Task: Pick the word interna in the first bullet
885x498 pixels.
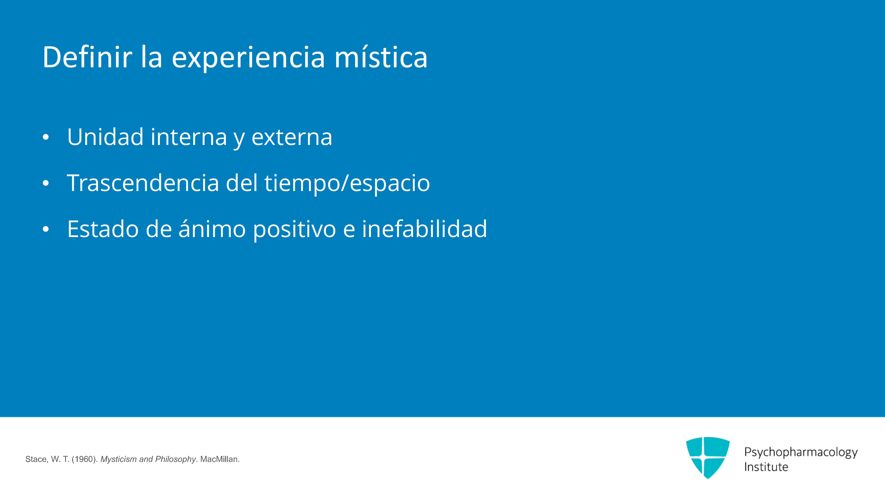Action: click(x=189, y=137)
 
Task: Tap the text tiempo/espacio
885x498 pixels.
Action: click(x=347, y=184)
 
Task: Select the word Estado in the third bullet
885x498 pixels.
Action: click(x=103, y=229)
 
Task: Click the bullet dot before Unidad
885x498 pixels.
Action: click(x=46, y=137)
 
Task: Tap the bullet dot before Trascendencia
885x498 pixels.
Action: click(x=46, y=183)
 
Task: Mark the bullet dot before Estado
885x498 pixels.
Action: click(x=46, y=230)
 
